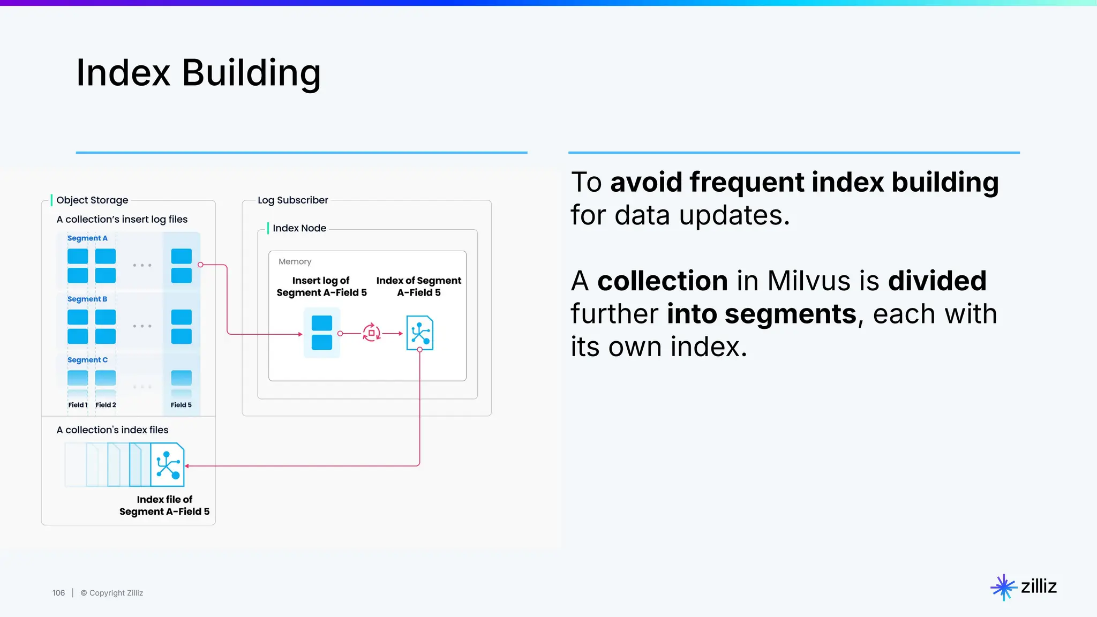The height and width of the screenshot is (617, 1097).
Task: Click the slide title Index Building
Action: [198, 73]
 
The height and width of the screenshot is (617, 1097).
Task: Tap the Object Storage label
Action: [92, 200]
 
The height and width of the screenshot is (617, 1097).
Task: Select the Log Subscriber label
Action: [292, 200]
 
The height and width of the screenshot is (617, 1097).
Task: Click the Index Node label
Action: [299, 228]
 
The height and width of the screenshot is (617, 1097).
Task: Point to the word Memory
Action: [295, 262]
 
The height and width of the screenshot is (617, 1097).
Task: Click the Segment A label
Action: [87, 238]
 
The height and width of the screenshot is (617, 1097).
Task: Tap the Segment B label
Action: [87, 299]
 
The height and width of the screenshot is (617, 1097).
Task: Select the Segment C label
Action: [87, 360]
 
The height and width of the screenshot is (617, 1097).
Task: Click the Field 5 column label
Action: [181, 405]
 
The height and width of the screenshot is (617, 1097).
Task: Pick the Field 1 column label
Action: [78, 405]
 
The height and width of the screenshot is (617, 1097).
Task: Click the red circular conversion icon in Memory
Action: [371, 333]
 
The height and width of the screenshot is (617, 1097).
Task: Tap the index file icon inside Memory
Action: [419, 333]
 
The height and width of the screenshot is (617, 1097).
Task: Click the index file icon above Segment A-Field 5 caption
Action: [167, 465]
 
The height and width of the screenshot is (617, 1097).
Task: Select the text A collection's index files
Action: [112, 430]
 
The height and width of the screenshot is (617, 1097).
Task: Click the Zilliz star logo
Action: [1003, 587]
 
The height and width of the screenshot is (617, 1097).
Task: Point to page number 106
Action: [58, 593]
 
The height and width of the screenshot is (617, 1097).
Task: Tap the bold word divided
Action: [937, 281]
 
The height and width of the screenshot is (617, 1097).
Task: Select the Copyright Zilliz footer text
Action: [112, 593]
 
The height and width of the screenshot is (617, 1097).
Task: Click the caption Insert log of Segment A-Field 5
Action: [321, 287]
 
